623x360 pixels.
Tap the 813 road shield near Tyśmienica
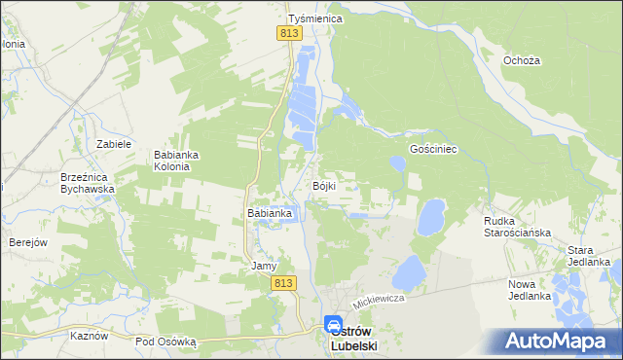tap(288, 33)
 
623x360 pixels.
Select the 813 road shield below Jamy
tap(282, 282)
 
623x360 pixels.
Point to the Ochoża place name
tap(521, 60)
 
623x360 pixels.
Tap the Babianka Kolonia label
tap(178, 160)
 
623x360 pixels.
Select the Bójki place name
tap(324, 186)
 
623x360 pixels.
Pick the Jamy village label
tap(265, 266)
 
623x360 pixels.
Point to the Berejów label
tap(28, 242)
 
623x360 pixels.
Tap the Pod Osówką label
tap(165, 342)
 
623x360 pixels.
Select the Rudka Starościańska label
tap(517, 227)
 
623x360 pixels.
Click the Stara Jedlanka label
tap(588, 256)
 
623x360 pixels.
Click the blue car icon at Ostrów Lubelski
tap(333, 325)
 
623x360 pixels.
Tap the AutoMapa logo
tap(558, 342)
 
